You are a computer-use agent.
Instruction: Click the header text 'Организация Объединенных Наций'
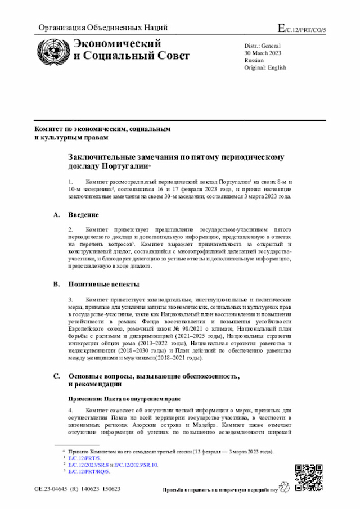click(x=103, y=28)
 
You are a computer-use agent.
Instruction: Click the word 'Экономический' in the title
click(x=118, y=44)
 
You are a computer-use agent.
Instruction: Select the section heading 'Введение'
click(x=84, y=215)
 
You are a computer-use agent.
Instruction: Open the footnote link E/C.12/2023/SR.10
click(x=136, y=465)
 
